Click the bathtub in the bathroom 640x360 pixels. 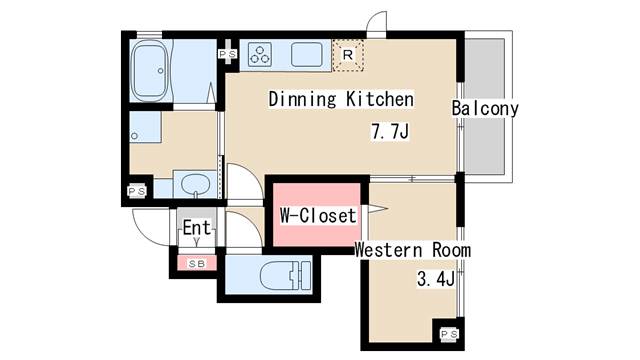pyautogui.click(x=150, y=70)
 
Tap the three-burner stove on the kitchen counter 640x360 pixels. pyautogui.click(x=260, y=55)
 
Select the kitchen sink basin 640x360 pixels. pyautogui.click(x=307, y=55)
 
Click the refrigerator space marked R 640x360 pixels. pyautogui.click(x=348, y=55)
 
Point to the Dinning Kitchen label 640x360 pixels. pyautogui.click(x=341, y=99)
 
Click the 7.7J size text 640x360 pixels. pyautogui.click(x=390, y=131)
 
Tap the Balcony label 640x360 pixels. pyautogui.click(x=485, y=108)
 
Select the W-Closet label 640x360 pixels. pyautogui.click(x=318, y=216)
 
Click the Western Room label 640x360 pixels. pyautogui.click(x=413, y=250)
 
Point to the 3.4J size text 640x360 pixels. pyautogui.click(x=436, y=279)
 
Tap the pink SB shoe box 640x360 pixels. pyautogui.click(x=197, y=264)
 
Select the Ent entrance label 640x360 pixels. pyautogui.click(x=197, y=227)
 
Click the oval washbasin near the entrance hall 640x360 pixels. pyautogui.click(x=196, y=184)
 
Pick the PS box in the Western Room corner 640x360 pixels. pyautogui.click(x=449, y=334)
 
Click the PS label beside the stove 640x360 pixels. pyautogui.click(x=227, y=54)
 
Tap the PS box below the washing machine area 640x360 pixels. pyautogui.click(x=137, y=191)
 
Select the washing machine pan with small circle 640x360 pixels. pyautogui.click(x=145, y=127)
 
